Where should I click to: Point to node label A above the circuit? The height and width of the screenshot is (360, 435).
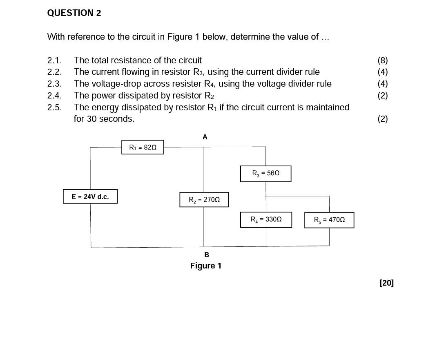[205, 137]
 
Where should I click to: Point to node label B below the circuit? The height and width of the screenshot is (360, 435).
[207, 255]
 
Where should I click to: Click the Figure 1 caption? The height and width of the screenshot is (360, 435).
[206, 266]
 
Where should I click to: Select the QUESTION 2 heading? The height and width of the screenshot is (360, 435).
[74, 13]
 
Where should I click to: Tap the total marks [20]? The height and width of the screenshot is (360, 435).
[387, 283]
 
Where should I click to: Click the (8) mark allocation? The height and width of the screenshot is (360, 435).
[383, 60]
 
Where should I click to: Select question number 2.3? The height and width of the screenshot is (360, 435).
[54, 83]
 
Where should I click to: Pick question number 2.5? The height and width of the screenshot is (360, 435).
[54, 107]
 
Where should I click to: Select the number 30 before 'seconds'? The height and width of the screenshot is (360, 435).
[92, 119]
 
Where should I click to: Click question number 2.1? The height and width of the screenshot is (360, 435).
[54, 60]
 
